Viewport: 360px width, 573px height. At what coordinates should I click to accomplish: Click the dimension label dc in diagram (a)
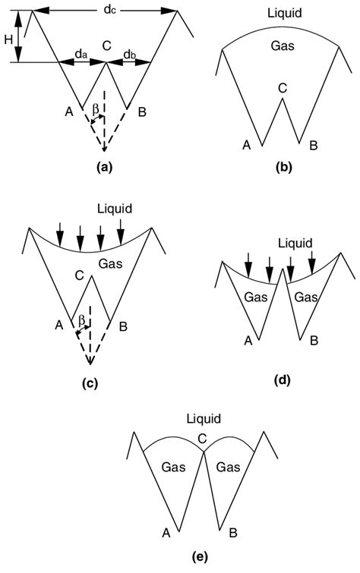click(x=106, y=9)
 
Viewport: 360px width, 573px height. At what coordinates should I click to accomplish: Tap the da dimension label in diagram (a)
click(x=80, y=55)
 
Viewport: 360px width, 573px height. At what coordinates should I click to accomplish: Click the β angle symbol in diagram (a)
click(x=95, y=110)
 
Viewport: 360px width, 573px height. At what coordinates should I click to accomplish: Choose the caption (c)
click(x=90, y=384)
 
